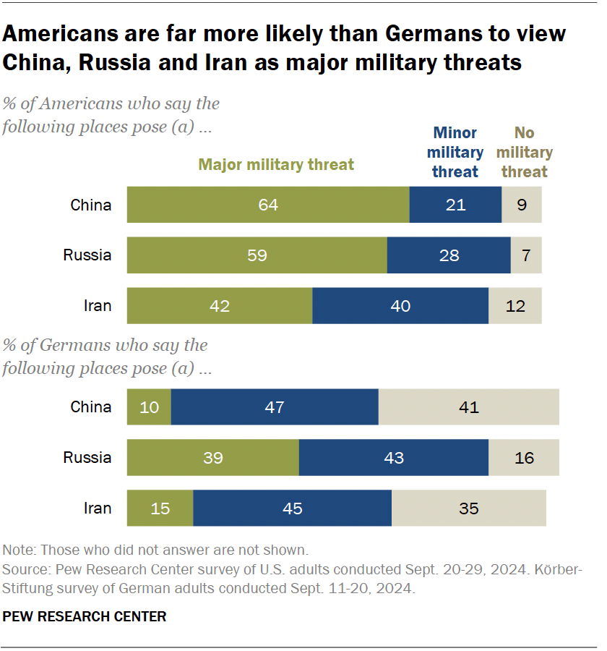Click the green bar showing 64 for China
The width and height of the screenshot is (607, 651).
(268, 205)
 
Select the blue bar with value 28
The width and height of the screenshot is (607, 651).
(449, 255)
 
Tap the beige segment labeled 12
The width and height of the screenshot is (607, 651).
(515, 305)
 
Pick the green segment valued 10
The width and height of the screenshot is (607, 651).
(149, 407)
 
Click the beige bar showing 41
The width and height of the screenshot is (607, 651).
(468, 407)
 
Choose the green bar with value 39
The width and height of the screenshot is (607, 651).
(212, 457)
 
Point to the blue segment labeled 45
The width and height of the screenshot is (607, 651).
(292, 508)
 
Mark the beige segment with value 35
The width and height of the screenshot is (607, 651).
(468, 508)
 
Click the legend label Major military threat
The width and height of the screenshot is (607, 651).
(277, 165)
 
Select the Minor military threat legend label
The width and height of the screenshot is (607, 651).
(455, 152)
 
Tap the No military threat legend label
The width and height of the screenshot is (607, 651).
(524, 152)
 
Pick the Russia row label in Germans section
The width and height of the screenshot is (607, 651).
(87, 457)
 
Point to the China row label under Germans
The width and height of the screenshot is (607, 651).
(91, 407)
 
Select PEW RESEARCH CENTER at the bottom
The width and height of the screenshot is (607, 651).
(85, 616)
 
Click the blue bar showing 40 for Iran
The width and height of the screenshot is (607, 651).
(400, 305)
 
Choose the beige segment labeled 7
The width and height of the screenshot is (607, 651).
(525, 255)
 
